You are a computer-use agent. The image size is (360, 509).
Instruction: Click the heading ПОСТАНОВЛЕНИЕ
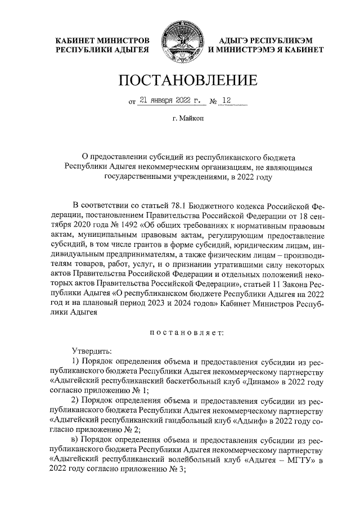pyautogui.click(x=179, y=80)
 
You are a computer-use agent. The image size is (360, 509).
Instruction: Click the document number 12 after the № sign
pyautogui.click(x=226, y=101)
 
